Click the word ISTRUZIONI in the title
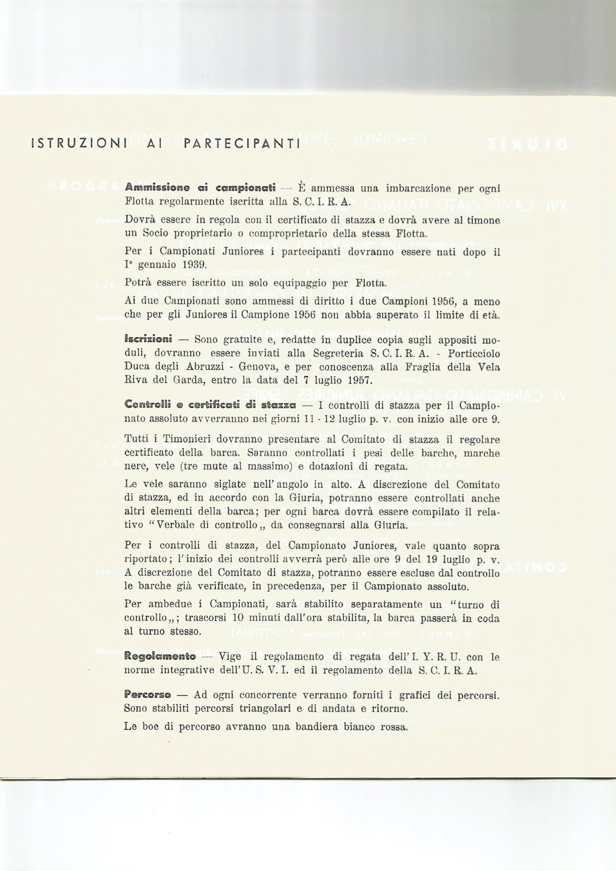(79, 144)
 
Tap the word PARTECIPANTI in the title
(242, 144)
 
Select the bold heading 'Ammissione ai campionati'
(200, 188)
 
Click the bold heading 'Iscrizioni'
(148, 340)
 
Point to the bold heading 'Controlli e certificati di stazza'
(210, 405)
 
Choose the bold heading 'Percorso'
(147, 695)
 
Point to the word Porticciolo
(474, 354)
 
